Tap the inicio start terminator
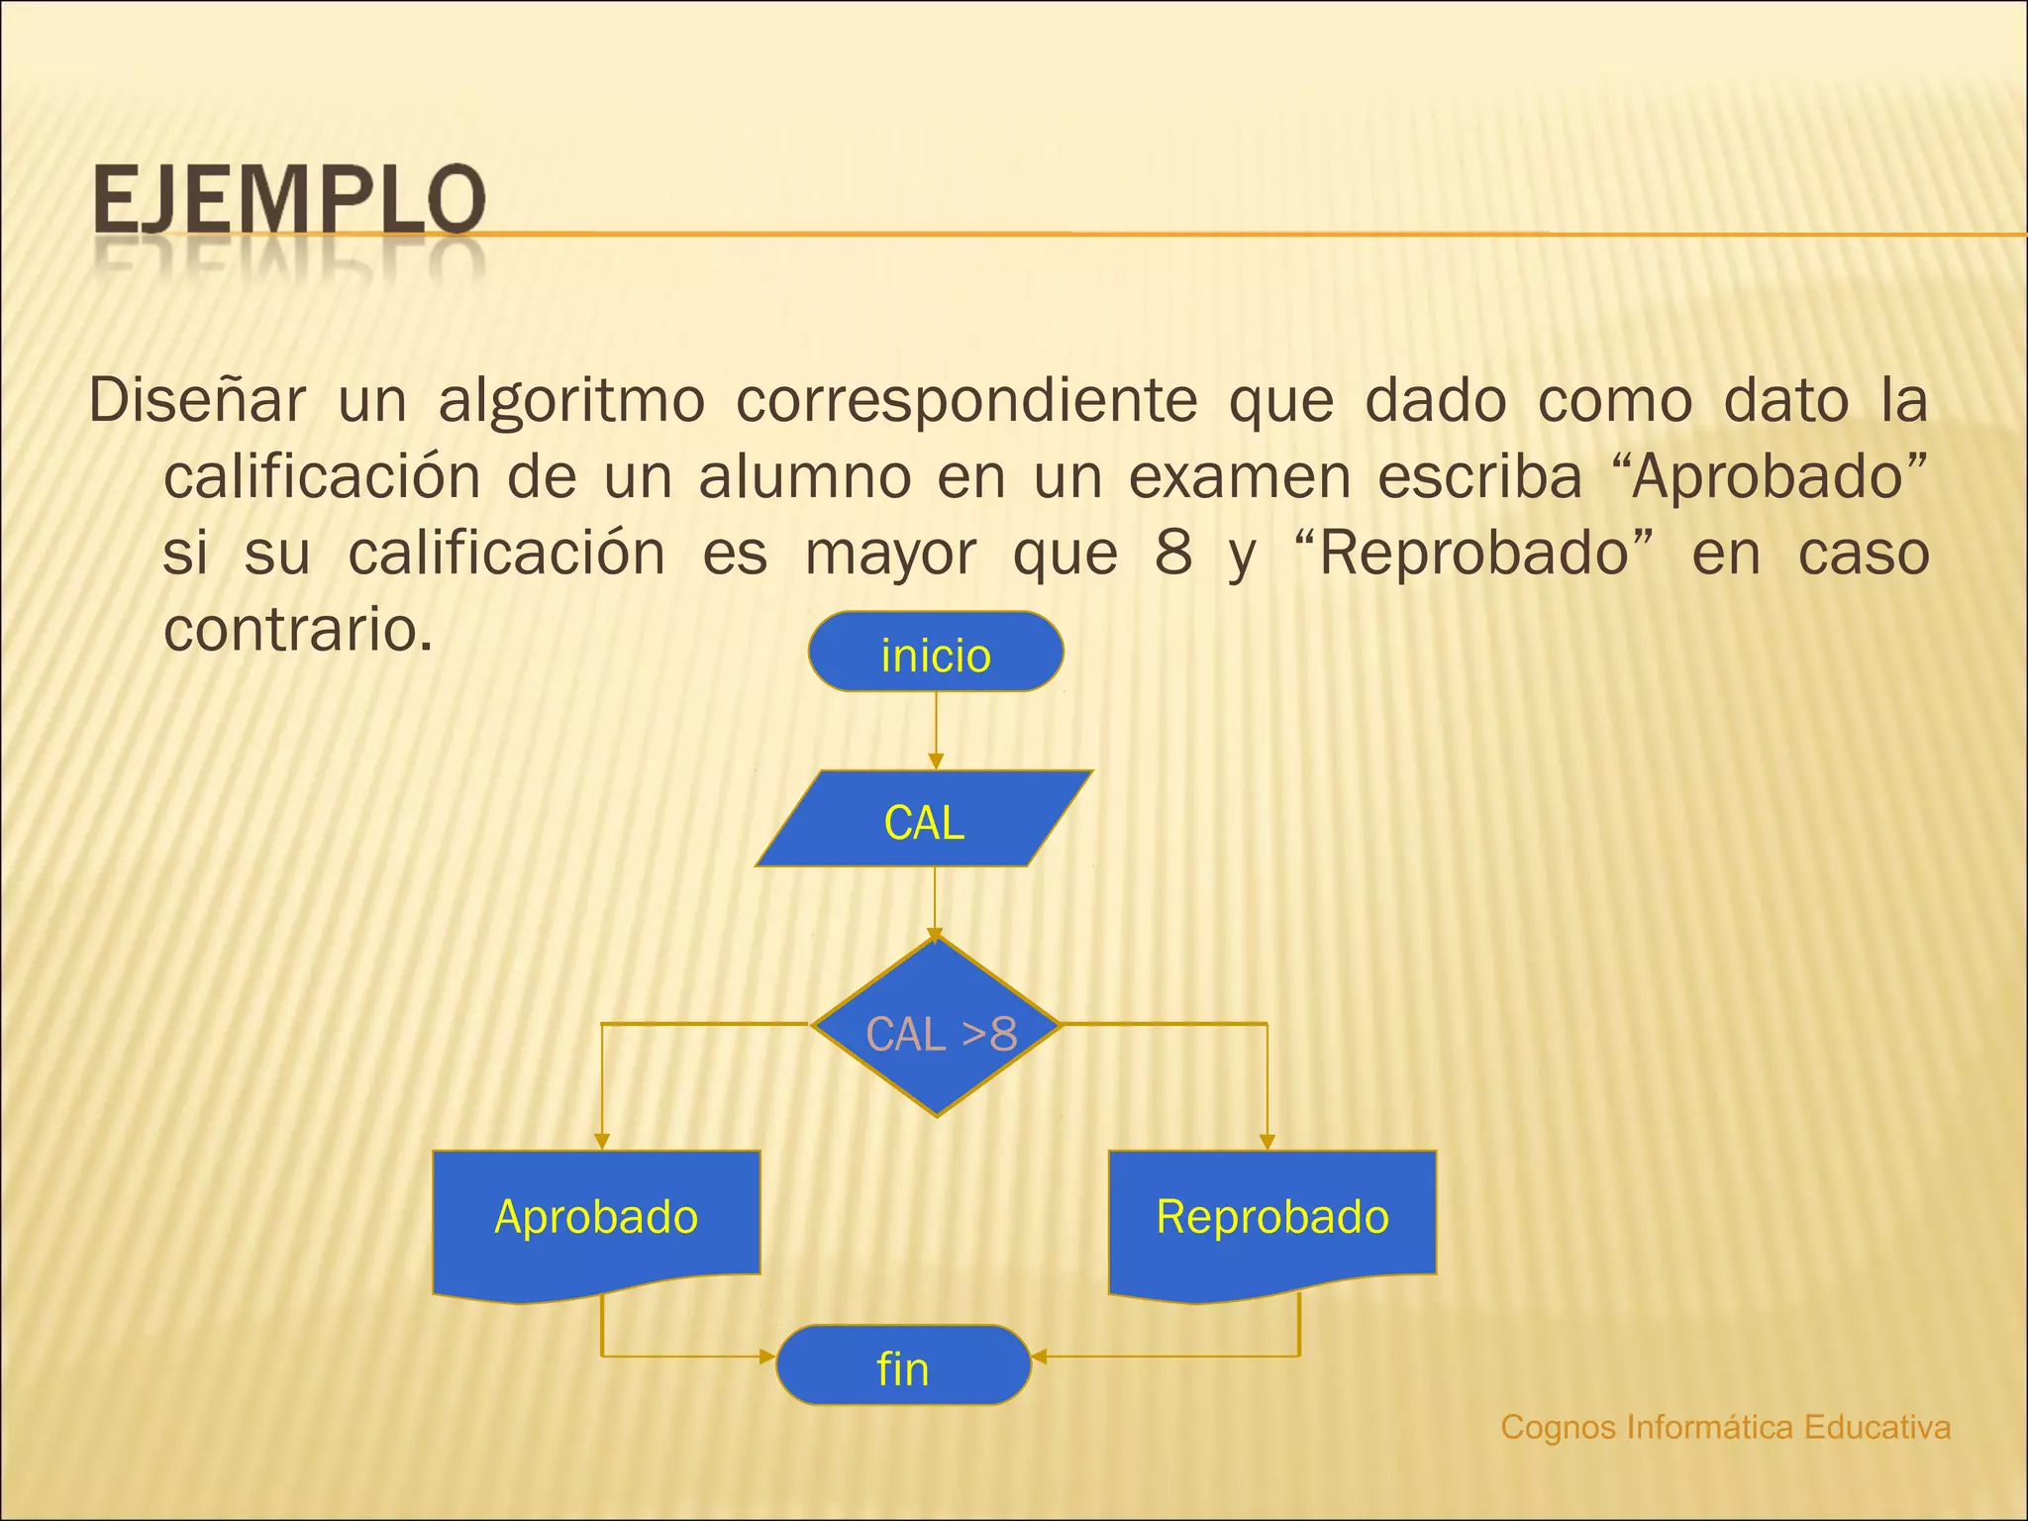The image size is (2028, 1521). click(936, 653)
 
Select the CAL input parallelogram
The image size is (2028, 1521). click(924, 820)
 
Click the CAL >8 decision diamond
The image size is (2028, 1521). click(937, 1030)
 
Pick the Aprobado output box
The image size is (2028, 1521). click(596, 1218)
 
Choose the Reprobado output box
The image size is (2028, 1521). click(1272, 1218)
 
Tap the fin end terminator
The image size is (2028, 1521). click(903, 1366)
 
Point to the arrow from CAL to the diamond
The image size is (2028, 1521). click(935, 901)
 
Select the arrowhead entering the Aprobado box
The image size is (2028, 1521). click(602, 1142)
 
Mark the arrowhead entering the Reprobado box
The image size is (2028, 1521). click(1267, 1142)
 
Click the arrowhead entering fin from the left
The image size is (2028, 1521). click(767, 1356)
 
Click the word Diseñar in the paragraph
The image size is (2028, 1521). click(197, 401)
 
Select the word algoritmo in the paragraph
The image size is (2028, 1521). click(571, 401)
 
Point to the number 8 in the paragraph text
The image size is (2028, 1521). click(1173, 554)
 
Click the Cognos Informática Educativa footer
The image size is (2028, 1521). click(1725, 1427)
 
